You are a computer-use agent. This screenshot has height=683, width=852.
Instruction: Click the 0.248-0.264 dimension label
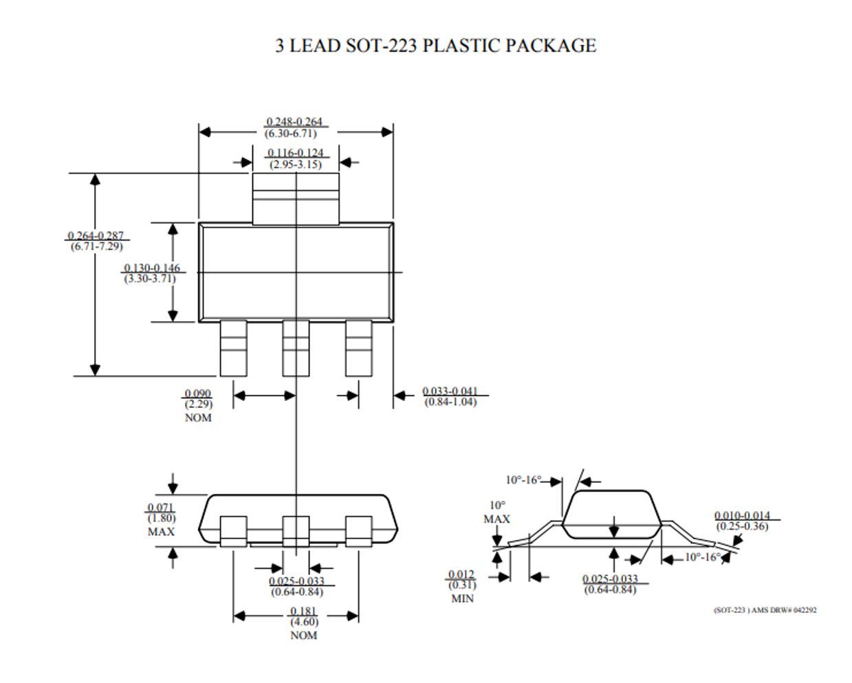[294, 122]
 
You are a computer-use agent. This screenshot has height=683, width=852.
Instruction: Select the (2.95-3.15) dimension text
[294, 164]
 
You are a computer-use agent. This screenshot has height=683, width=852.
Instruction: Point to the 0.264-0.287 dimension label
[96, 236]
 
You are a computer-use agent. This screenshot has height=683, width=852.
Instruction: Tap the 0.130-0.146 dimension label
[152, 268]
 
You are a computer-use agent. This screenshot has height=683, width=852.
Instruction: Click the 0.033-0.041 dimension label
[450, 391]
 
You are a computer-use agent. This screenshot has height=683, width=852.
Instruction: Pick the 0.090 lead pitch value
[198, 394]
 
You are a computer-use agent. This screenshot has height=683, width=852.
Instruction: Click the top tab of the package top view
[296, 199]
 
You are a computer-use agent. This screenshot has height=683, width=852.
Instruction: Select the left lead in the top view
[233, 349]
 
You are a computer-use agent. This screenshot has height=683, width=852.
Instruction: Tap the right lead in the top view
[358, 349]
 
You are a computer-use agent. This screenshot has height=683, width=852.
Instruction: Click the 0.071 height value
[161, 508]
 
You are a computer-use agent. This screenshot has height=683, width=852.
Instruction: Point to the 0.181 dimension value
[303, 611]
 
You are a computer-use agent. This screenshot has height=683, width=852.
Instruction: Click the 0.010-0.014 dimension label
[742, 516]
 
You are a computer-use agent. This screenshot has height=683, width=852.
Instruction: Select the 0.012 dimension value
[461, 575]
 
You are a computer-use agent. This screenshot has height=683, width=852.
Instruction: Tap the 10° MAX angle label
[496, 512]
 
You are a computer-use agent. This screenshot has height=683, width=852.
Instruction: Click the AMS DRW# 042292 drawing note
[765, 610]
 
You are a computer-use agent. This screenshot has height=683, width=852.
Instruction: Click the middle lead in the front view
[296, 531]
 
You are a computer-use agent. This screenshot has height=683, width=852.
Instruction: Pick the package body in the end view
[611, 512]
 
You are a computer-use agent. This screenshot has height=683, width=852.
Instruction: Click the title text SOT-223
[381, 46]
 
